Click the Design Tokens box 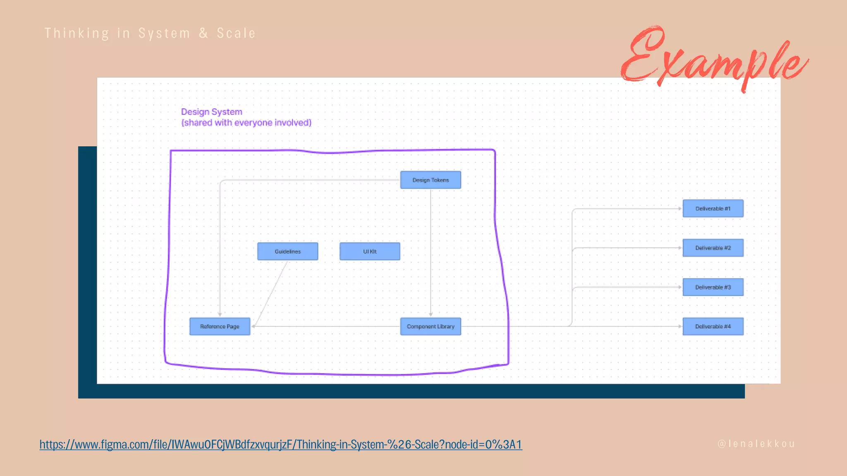[x=431, y=180]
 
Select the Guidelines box [x=287, y=251]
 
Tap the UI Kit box [x=370, y=251]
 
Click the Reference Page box [x=220, y=326]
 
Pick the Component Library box [x=431, y=326]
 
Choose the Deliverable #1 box [x=713, y=209]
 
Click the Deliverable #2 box [x=713, y=248]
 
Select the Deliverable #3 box [x=713, y=287]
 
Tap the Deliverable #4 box [x=713, y=326]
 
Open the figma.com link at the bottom [x=281, y=445]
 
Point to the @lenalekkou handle [x=756, y=444]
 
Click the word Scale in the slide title [x=236, y=33]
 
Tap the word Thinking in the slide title [x=77, y=33]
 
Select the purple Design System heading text [x=212, y=112]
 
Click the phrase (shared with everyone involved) [x=246, y=123]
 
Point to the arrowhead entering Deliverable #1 [x=680, y=209]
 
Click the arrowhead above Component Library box [x=431, y=314]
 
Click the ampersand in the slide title [x=203, y=33]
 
